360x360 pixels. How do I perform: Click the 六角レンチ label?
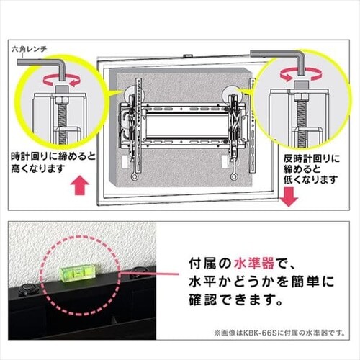point(30,50)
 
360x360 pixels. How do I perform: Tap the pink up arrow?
point(80,186)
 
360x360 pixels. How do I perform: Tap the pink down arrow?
point(289,197)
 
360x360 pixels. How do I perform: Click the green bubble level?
point(78,274)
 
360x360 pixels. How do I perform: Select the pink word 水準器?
point(254,264)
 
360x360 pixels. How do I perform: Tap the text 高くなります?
point(38,168)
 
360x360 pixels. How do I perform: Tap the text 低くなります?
point(310,180)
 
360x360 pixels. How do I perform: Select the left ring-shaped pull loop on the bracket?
point(134,177)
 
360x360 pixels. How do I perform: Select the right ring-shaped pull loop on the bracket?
point(233,177)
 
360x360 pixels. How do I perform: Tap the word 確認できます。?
point(236,300)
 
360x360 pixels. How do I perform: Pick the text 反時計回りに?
point(312,159)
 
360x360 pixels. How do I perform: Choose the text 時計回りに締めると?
point(53,157)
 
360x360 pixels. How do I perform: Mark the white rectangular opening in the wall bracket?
point(187,126)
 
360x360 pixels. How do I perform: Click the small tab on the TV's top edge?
point(188,55)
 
